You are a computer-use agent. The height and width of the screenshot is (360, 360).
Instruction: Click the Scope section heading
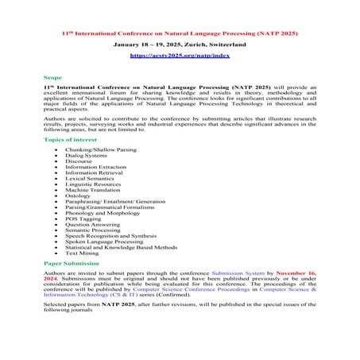[x=52, y=79]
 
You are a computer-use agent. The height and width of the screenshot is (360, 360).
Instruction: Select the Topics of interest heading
[x=71, y=138]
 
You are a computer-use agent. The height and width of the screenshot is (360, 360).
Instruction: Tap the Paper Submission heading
[x=72, y=261]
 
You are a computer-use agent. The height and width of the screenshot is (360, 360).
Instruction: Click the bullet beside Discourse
[x=56, y=162]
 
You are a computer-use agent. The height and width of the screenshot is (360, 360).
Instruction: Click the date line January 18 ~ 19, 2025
[x=179, y=45]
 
